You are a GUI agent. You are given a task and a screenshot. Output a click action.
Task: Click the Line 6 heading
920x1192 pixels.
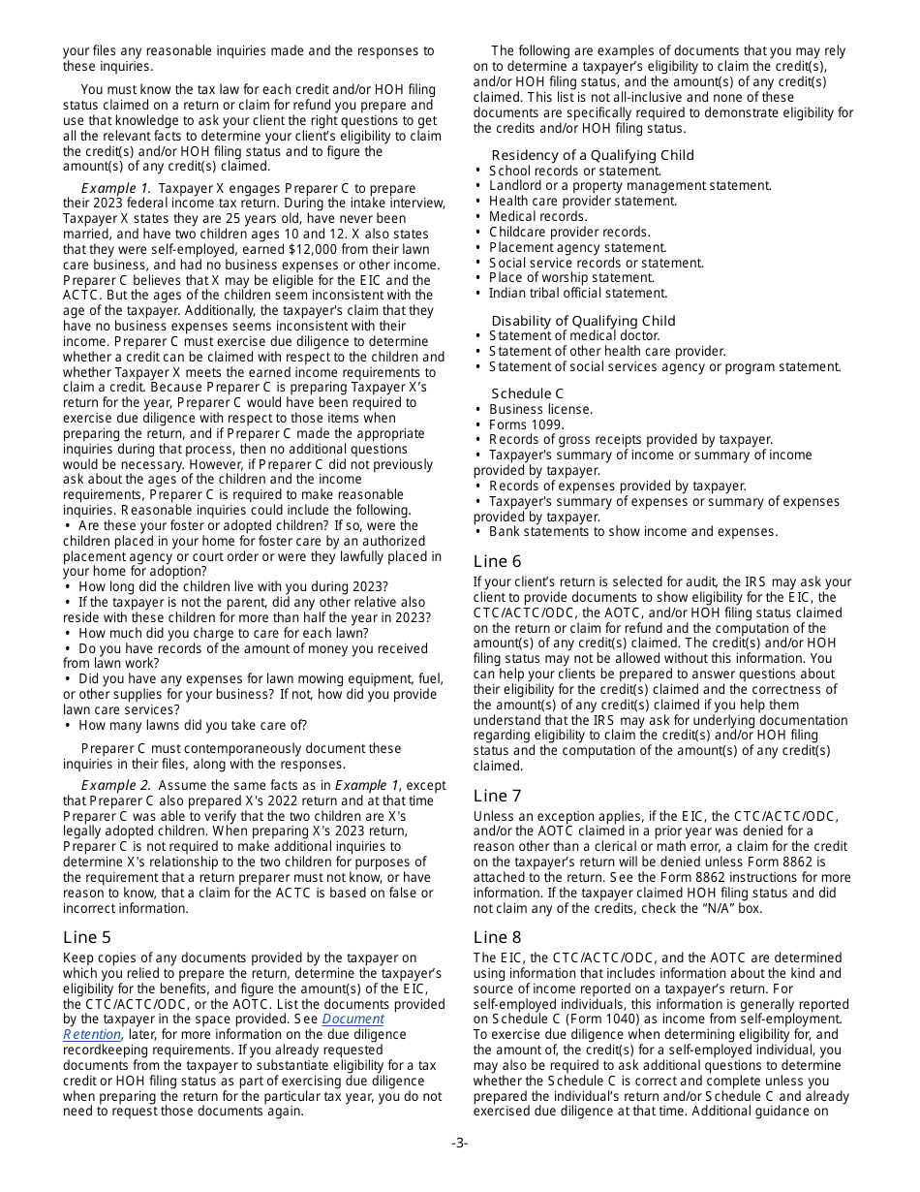497,561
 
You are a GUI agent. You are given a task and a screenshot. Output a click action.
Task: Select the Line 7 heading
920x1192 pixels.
497,796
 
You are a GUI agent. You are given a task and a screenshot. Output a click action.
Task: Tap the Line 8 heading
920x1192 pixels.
497,937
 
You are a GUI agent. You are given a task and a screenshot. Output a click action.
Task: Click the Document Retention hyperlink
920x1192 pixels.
353,1019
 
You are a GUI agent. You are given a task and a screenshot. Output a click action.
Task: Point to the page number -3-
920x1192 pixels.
459,1143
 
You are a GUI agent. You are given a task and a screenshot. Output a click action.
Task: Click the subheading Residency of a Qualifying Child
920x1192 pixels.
592,155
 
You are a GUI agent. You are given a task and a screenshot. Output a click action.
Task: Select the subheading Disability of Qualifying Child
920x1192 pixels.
583,321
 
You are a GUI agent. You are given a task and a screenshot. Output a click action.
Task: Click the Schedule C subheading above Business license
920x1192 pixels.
527,393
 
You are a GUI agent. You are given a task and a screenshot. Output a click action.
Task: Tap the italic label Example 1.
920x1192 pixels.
115,188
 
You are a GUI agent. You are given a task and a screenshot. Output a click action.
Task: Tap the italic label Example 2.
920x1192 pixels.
115,785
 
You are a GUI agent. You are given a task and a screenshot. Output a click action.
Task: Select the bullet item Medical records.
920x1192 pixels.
537,216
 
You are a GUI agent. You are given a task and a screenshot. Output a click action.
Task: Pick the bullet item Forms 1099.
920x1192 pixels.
527,424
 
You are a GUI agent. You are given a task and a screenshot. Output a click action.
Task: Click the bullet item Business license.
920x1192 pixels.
540,409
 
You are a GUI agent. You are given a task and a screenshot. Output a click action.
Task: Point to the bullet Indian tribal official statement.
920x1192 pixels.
577,293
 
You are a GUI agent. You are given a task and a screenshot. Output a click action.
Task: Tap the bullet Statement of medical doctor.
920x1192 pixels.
573,336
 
